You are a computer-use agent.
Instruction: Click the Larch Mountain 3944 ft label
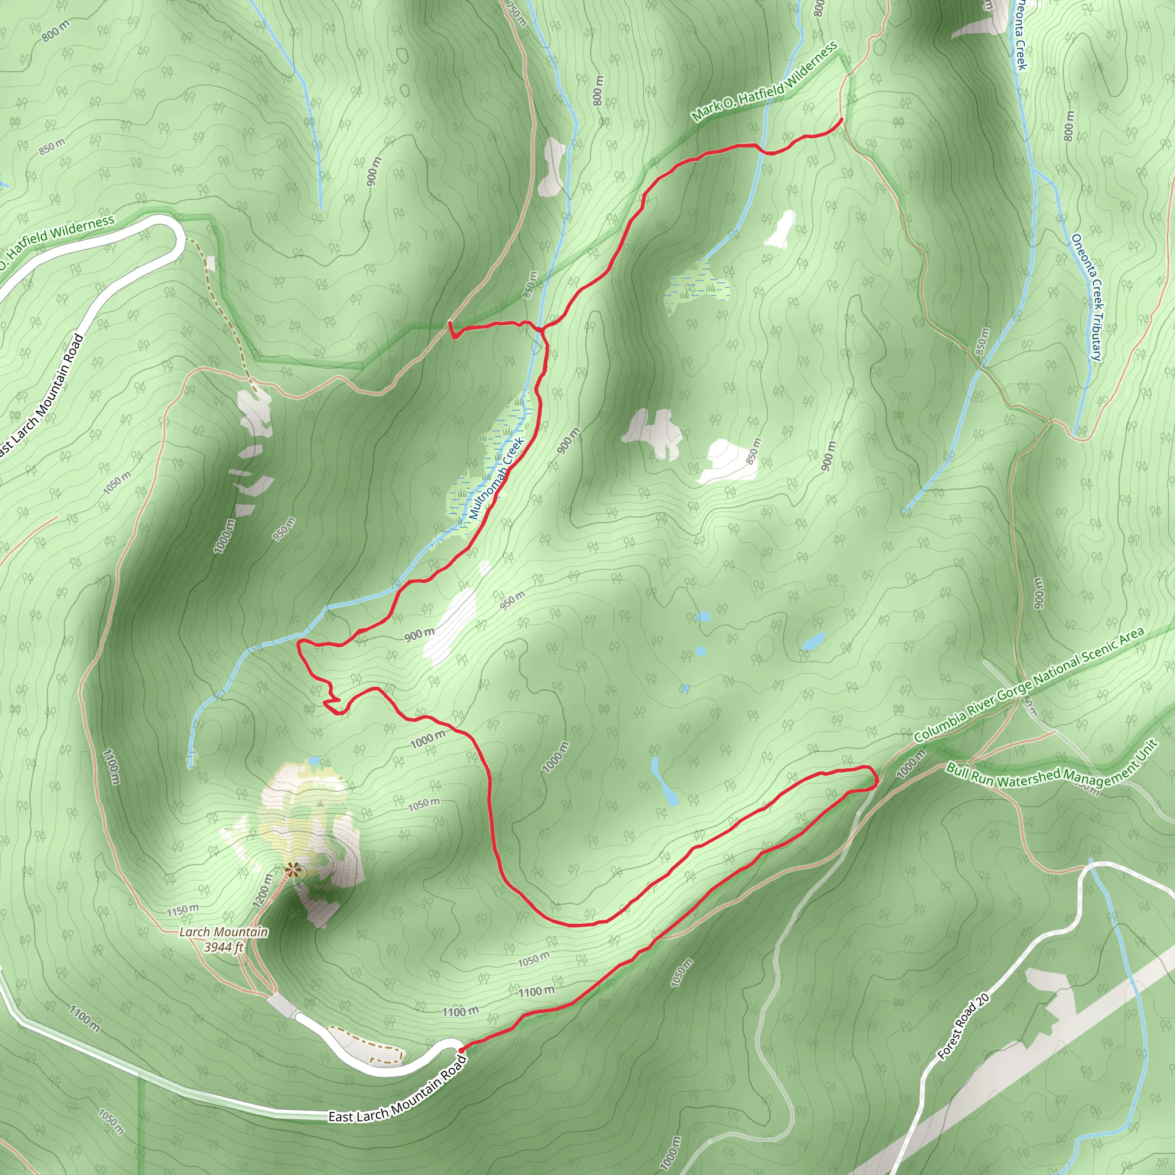point(223,940)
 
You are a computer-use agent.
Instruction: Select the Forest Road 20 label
point(963,1026)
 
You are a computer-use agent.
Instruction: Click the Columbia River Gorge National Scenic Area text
point(1029,684)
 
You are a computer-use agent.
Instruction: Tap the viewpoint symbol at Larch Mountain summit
point(293,870)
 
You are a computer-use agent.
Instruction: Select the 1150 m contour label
point(182,911)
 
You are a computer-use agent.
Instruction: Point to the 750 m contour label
point(515,13)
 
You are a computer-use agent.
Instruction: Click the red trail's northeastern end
point(842,120)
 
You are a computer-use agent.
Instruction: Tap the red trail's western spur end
point(450,324)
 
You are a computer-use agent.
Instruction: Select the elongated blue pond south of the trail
point(664,781)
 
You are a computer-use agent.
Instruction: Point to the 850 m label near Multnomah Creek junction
point(530,285)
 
